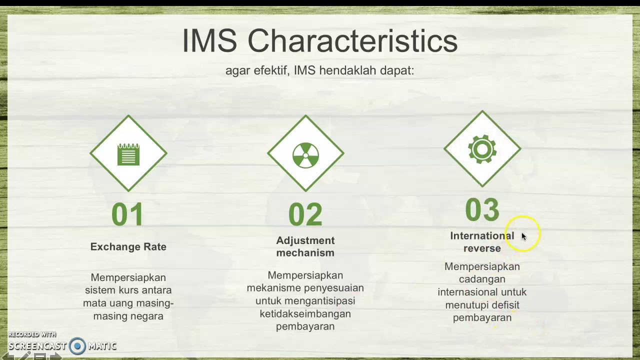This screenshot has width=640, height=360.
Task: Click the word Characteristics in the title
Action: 352,41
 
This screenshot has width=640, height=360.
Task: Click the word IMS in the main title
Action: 209,41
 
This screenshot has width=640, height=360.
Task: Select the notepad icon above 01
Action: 128,154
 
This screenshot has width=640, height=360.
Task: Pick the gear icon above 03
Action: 482,149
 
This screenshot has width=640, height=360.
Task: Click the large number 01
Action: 128,215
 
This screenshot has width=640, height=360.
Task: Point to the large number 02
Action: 305,215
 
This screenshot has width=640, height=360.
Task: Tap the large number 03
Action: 482,210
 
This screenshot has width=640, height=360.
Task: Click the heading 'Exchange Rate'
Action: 128,246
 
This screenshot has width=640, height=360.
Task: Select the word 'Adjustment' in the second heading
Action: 305,240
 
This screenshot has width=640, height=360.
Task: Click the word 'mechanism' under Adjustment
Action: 305,253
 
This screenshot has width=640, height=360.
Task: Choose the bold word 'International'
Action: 482,235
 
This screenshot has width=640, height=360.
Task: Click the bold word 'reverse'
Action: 482,248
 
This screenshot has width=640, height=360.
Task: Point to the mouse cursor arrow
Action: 523,236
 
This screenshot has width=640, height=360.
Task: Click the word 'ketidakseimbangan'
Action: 305,314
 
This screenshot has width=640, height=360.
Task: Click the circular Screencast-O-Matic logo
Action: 77,345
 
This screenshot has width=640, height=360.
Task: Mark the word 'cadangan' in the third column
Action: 482,279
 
